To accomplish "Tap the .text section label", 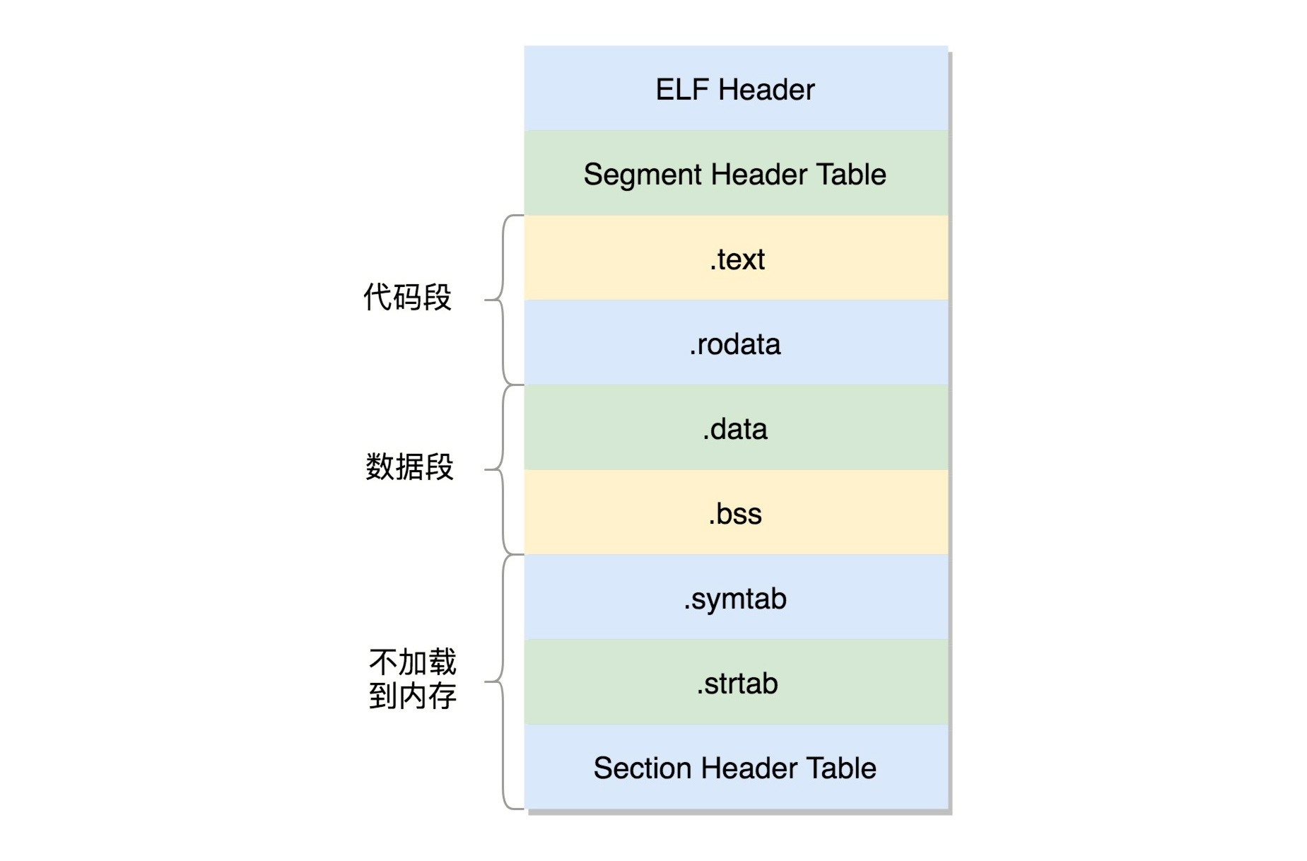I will click(x=737, y=259).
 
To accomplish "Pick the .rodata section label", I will click(x=735, y=344).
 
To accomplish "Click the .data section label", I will click(x=735, y=429).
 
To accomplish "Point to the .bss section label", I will click(x=735, y=514).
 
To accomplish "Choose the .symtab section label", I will click(x=735, y=599).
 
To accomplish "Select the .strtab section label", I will click(x=737, y=684).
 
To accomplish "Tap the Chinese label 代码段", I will click(x=407, y=298).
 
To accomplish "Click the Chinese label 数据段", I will click(x=409, y=467).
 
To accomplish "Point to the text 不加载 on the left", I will click(x=412, y=663).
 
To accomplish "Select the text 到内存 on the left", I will click(x=412, y=697).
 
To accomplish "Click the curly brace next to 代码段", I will click(x=503, y=300).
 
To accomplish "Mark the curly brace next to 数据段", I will click(x=503, y=469).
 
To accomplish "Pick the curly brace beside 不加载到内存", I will click(x=503, y=681).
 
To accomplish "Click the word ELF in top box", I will click(x=681, y=90).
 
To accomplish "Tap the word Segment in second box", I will click(x=642, y=175).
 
